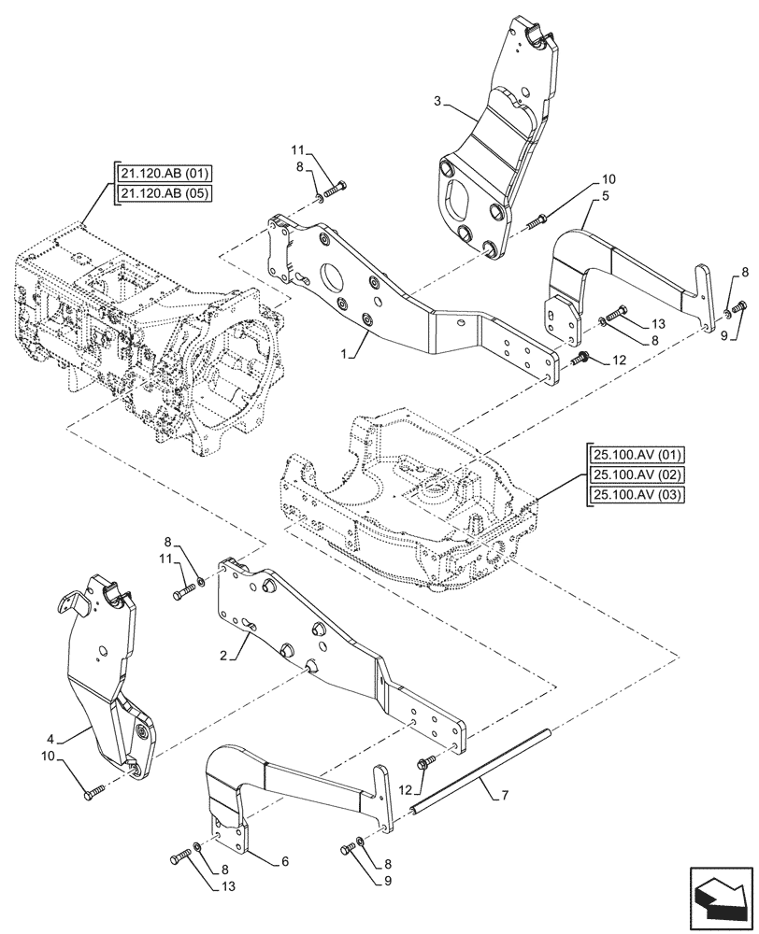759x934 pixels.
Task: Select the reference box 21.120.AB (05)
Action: (165, 193)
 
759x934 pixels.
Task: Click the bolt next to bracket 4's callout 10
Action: (94, 792)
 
